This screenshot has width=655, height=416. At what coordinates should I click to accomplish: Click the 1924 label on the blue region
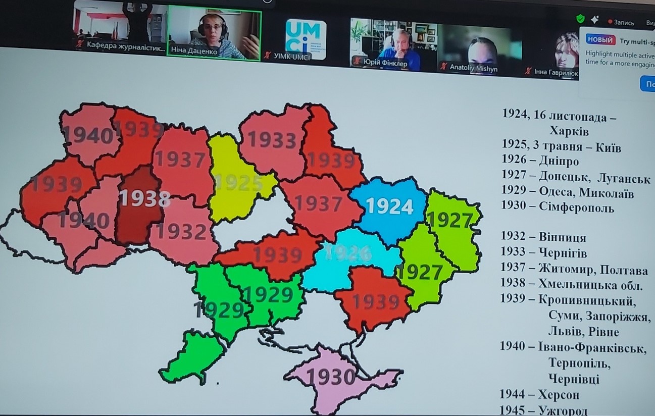point(389,206)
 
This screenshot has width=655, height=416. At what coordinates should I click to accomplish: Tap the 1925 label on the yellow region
point(239,183)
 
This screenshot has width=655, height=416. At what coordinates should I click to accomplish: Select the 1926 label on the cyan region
point(348,253)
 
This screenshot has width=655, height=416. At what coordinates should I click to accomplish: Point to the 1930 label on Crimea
point(331,377)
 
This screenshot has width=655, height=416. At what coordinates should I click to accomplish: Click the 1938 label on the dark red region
point(144,198)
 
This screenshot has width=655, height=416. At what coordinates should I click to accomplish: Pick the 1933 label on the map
point(272,140)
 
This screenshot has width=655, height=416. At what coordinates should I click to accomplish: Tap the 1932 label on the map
point(181,231)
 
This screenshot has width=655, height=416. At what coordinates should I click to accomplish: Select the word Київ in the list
point(608,147)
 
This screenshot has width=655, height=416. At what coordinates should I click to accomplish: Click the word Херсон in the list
point(559,394)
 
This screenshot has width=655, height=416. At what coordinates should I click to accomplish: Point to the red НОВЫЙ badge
point(600,40)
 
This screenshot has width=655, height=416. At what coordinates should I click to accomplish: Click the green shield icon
point(580,19)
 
